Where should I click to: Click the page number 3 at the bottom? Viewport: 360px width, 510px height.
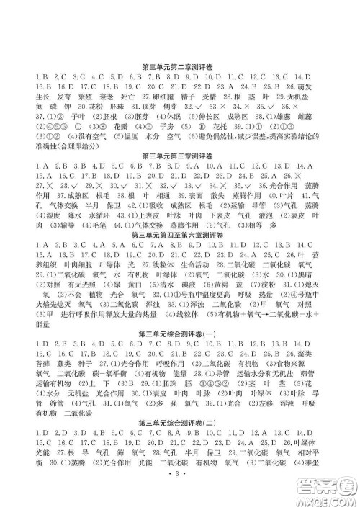[x=179, y=496]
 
